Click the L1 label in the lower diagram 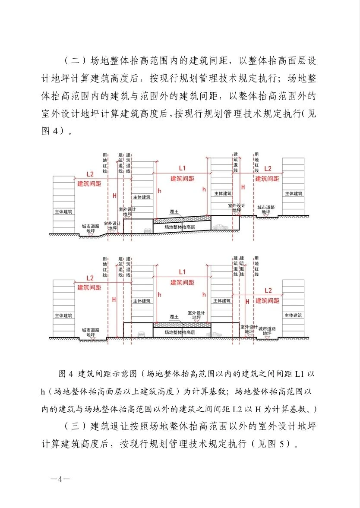(x=182, y=272)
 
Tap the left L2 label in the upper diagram (x=89, y=174)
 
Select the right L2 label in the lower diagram (x=268, y=290)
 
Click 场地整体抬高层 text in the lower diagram (x=180, y=332)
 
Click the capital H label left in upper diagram (x=114, y=196)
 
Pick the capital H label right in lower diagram (x=247, y=301)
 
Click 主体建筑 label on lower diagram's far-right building (x=294, y=316)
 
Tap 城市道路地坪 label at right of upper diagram (x=267, y=210)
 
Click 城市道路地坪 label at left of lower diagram (x=91, y=332)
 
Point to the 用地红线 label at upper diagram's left (x=104, y=163)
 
